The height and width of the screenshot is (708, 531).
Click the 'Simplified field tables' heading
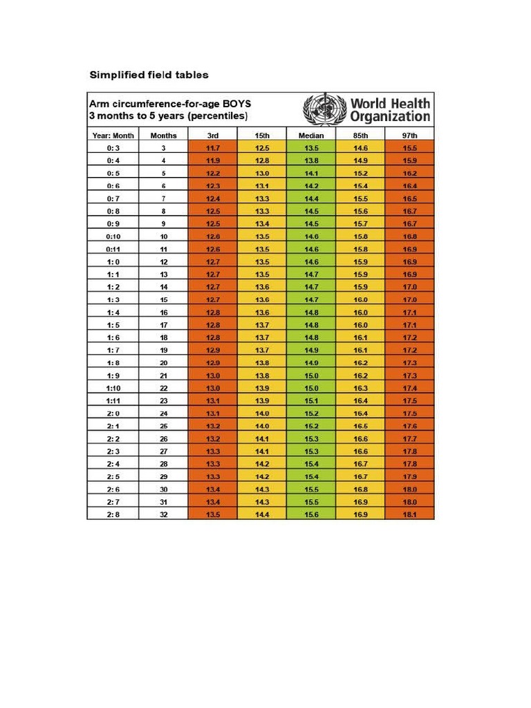149,75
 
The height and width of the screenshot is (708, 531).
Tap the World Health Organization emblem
325,109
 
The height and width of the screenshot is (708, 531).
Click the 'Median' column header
311,136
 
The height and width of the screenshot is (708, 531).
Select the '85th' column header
360,136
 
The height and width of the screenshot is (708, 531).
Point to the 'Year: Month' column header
113,136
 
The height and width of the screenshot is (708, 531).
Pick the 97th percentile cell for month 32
409,514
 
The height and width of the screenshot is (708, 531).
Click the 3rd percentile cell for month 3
213,148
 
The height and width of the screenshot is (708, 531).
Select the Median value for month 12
311,262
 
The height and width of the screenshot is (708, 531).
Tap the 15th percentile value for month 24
262,413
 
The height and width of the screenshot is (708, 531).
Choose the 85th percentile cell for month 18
360,337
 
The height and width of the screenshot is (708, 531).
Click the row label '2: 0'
113,413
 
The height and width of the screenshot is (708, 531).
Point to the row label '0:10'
113,236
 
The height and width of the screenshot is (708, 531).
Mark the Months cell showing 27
163,451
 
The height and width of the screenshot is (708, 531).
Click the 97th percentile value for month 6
409,186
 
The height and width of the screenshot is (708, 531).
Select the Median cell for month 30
311,489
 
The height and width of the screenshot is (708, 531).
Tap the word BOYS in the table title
236,104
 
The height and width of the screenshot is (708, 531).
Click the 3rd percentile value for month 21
213,375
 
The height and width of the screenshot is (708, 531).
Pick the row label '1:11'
113,400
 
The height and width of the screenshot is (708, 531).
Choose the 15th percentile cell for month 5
262,174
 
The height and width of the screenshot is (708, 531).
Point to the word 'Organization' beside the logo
390,116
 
